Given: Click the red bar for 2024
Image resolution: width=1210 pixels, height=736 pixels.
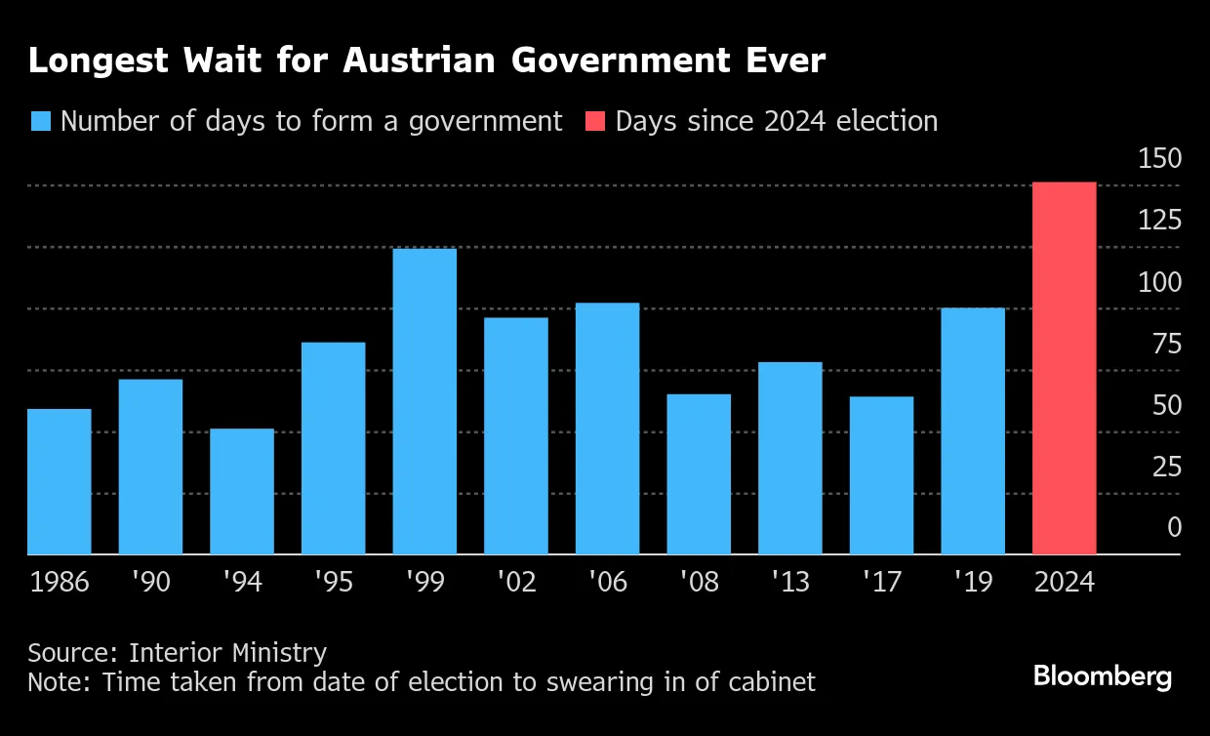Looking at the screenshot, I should point(1064,368).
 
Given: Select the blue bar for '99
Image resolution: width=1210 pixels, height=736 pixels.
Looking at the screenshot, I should point(424,401).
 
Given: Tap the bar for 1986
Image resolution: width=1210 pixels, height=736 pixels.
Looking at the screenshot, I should point(59,481).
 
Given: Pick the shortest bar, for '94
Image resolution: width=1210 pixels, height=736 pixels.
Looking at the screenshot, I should point(242,491).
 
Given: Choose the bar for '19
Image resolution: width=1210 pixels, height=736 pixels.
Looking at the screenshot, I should point(973,430).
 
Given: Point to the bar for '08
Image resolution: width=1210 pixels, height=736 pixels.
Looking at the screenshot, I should point(699,473).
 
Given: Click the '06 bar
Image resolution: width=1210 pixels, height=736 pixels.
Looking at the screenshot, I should point(607,429).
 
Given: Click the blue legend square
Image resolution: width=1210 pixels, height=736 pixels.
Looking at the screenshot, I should point(40,121).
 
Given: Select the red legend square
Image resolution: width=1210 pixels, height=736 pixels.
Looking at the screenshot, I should point(595,121).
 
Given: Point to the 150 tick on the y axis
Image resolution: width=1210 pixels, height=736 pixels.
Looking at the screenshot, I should point(1159,158).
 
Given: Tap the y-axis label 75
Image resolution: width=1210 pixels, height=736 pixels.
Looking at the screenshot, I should point(1166,344).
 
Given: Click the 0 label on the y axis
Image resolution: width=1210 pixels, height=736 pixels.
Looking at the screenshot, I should point(1174,528).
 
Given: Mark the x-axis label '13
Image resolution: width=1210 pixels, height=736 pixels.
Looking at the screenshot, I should point(789,583).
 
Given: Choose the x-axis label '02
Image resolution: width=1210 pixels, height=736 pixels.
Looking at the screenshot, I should point(515,583).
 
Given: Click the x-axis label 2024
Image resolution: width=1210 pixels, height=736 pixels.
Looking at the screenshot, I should point(1064,583).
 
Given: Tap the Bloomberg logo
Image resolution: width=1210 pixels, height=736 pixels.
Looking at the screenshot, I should point(1103,676).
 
